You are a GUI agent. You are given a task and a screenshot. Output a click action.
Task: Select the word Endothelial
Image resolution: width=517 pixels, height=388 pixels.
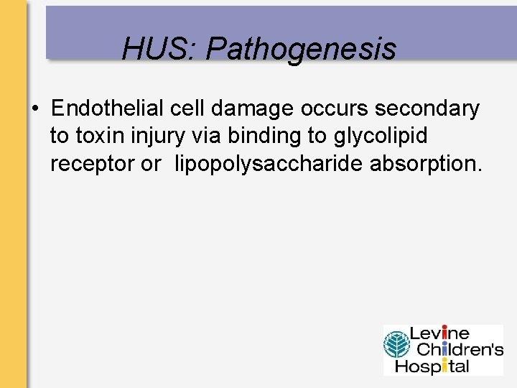108,108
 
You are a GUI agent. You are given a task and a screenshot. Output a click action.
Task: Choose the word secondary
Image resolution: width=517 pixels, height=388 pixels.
422,108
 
